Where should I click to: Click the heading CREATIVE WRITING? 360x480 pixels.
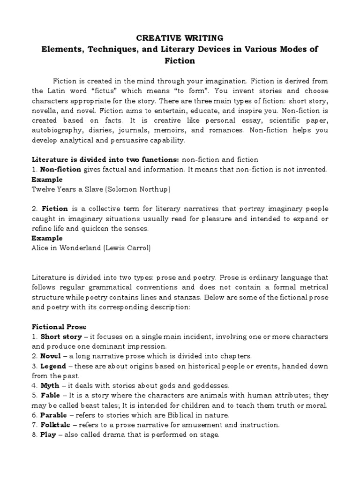point(180,38)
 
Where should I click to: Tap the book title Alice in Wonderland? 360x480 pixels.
point(61,248)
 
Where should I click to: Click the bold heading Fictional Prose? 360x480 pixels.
point(59,326)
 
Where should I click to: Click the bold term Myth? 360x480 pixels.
point(50,385)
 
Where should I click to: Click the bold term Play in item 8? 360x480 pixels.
point(48,435)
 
